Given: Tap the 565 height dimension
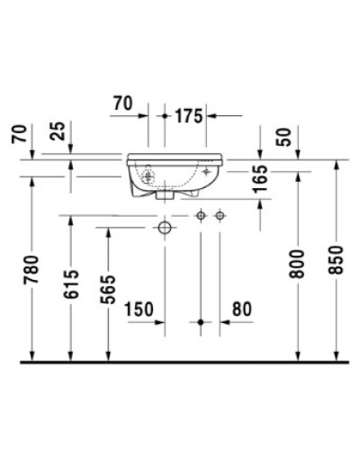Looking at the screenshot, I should [x=108, y=290].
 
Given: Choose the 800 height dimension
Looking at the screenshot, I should [x=300, y=263].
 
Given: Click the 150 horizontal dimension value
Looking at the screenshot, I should [x=139, y=309].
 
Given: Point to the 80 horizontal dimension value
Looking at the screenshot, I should [x=241, y=309].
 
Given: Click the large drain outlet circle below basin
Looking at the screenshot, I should [x=165, y=229].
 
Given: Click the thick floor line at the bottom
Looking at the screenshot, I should [x=180, y=361].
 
